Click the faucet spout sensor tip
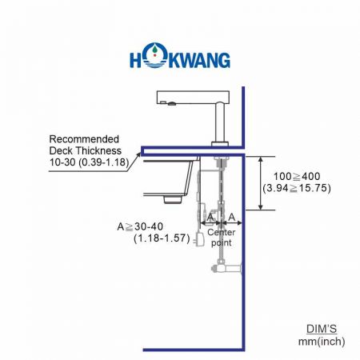coord(162,102)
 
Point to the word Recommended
coord(83,138)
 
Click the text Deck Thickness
coord(85,150)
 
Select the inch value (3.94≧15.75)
coord(296,189)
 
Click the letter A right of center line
coord(231,218)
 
